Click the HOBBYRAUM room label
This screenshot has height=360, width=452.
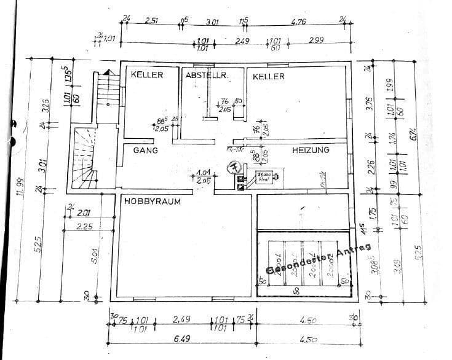click(x=153, y=202)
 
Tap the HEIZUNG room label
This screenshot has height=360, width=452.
click(x=311, y=150)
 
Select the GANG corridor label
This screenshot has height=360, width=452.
click(x=145, y=150)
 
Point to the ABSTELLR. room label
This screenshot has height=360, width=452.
click(x=207, y=76)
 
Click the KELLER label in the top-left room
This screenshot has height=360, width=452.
click(x=147, y=75)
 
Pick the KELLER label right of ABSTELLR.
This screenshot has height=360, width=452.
click(x=269, y=76)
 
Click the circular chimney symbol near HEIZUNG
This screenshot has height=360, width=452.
click(x=234, y=167)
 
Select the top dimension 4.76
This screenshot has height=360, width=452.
click(x=298, y=22)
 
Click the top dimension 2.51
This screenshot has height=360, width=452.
click(x=152, y=21)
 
